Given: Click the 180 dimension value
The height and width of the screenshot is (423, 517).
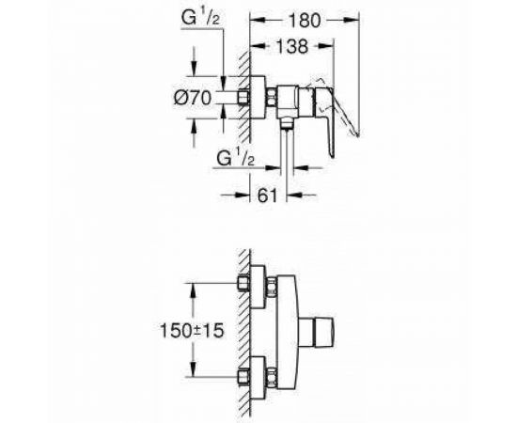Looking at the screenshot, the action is pos(304,21).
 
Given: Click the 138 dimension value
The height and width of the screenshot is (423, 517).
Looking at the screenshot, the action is pos(291,46).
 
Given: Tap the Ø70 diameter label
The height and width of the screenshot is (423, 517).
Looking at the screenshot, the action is pos(193,98).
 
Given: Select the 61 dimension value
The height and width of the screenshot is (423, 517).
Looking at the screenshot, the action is pos(267,196).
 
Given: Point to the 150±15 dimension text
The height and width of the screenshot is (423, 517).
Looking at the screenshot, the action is pos(192,330).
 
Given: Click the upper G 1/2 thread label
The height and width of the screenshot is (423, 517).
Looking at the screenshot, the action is pos(200,18).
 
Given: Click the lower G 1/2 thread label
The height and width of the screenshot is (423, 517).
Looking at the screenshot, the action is pos(236,158).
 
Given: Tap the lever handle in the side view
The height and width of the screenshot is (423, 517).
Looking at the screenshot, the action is pos(325,118).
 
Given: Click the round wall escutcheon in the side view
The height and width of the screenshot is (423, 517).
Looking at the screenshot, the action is pos(258,97).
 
